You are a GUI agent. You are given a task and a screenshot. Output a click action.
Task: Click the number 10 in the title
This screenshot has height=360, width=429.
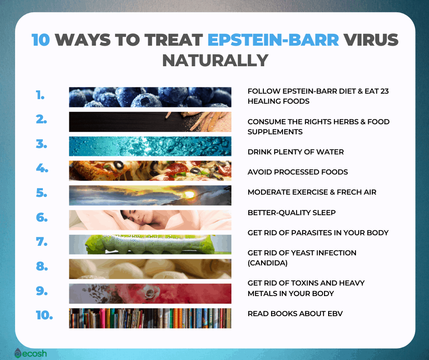(x=41, y=40)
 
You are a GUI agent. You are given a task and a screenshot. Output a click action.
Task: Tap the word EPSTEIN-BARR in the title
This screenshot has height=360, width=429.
(x=273, y=40)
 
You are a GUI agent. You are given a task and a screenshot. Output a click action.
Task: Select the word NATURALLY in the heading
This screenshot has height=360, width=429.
(x=214, y=60)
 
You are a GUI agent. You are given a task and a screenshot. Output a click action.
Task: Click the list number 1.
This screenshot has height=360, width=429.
(x=41, y=96)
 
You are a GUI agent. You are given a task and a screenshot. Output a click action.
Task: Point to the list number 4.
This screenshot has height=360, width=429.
(x=42, y=168)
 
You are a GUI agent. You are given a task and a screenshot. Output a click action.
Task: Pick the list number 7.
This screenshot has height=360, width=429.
(x=42, y=242)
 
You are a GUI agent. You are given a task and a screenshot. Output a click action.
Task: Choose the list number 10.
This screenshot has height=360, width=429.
(x=44, y=315)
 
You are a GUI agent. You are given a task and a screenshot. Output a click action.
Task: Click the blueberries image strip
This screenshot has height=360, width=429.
(x=150, y=97)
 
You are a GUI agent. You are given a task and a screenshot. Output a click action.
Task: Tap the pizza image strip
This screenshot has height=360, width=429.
(x=150, y=170)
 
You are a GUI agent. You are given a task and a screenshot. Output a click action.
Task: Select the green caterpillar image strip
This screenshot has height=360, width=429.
(x=150, y=244)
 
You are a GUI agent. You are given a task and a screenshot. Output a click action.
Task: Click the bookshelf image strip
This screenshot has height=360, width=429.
(x=150, y=318)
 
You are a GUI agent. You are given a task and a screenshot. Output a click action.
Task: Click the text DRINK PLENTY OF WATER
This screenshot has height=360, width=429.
(x=295, y=152)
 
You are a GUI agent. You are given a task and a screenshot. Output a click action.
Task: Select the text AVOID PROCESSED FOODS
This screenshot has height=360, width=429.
(x=298, y=172)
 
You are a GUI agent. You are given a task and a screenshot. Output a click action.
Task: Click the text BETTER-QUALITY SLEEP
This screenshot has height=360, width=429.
(x=291, y=212)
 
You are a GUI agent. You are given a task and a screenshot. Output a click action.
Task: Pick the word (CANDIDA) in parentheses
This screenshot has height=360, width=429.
(x=268, y=263)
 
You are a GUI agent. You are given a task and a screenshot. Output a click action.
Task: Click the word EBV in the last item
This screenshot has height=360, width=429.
(x=334, y=313)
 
